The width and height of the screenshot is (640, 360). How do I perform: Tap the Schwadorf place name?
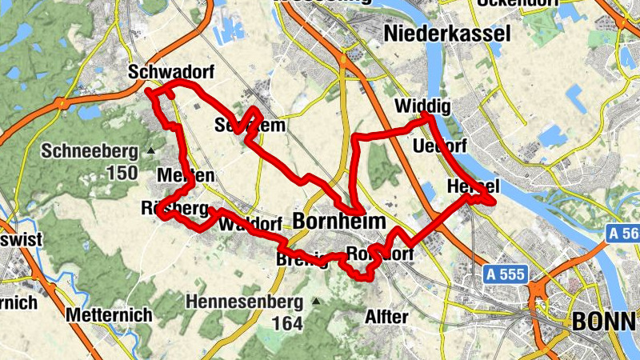click(170, 73)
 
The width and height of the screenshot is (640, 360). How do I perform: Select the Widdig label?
click(423, 107)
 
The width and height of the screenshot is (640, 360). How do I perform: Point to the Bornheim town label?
click(339, 222)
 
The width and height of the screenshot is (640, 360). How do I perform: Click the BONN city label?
click(605, 322)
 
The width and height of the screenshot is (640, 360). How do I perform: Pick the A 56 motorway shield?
click(623, 234)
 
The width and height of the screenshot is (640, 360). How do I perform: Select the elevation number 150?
click(121, 173)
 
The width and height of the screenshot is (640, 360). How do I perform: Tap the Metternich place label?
click(110, 315)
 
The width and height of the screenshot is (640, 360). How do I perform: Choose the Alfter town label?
click(386, 317)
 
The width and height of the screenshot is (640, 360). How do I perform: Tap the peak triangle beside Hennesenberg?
click(317, 302)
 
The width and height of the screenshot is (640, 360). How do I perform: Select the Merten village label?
click(186, 176)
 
